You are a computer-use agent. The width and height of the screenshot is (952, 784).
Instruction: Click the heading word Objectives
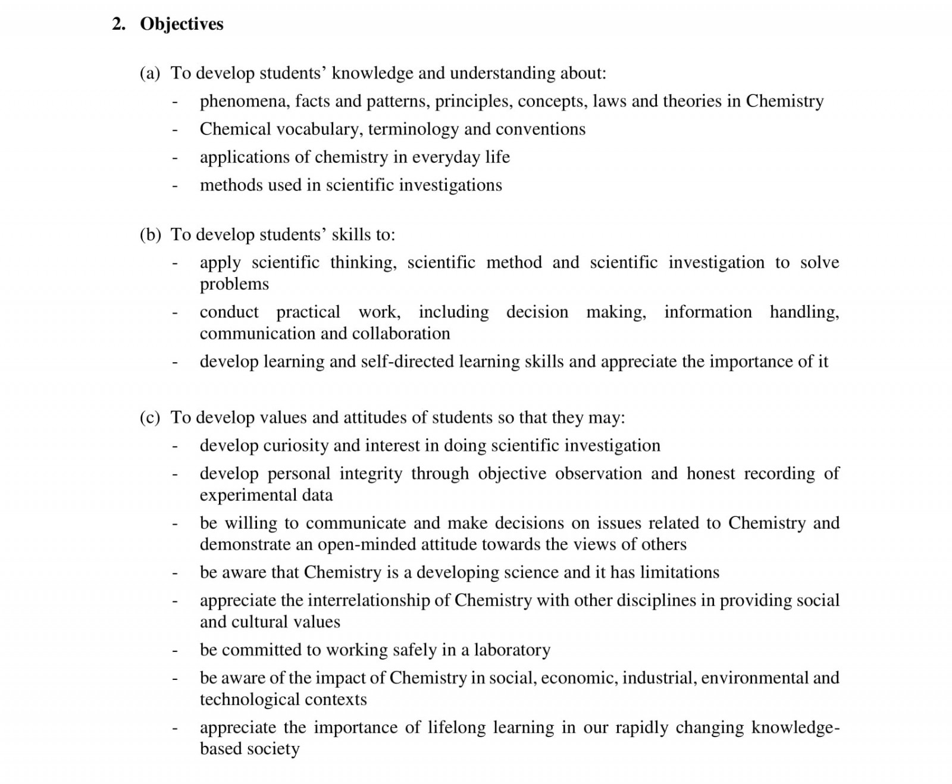(x=181, y=24)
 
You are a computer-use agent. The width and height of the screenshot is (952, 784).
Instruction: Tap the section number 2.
(x=118, y=24)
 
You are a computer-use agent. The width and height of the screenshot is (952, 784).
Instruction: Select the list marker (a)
(x=150, y=73)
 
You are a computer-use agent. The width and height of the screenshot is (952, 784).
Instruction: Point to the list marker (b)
(x=150, y=235)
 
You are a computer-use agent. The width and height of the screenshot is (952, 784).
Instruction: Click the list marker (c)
(x=150, y=418)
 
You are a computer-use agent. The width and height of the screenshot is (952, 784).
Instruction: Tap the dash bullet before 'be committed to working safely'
(x=174, y=651)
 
